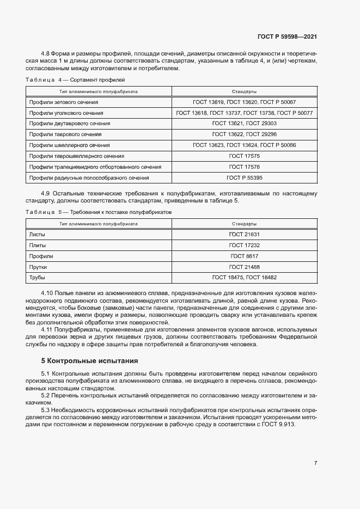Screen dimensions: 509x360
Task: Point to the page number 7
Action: click(x=315, y=463)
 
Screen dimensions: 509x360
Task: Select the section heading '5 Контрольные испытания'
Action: click(x=90, y=361)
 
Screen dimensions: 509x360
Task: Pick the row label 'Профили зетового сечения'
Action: click(x=64, y=102)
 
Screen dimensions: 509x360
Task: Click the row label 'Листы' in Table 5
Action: click(x=37, y=234)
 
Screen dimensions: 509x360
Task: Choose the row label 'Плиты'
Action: click(x=38, y=245)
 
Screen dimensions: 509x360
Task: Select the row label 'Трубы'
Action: click(x=38, y=278)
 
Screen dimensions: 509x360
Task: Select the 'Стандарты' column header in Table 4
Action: click(x=244, y=91)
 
